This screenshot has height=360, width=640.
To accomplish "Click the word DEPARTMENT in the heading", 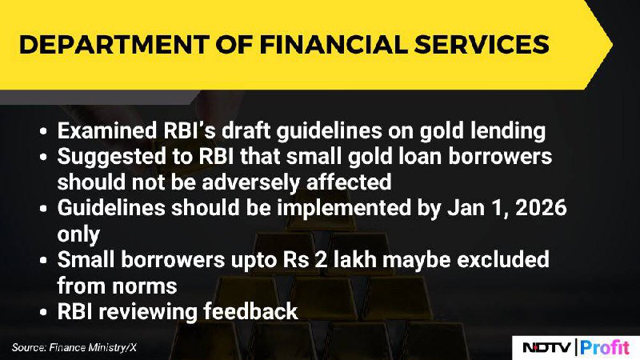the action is coord(114,45).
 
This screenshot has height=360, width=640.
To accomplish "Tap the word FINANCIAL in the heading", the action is coord(334,45).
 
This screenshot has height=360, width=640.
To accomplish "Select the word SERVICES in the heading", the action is coord(482,45).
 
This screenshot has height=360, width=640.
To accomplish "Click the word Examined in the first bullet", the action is coord(107,130).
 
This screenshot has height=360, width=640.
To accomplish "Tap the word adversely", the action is coord(251,182).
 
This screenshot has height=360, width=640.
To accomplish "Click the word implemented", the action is coord(344,208).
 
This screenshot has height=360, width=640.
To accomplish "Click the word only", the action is coord(78,234).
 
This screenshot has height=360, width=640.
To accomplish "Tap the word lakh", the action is coord(354,259).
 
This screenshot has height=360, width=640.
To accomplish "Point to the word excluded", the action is coord(503,259).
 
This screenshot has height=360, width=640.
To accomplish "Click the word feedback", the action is coord(251,311).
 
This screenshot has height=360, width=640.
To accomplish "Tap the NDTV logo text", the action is coord(547,348).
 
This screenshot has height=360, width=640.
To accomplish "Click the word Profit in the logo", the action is coord(605,347).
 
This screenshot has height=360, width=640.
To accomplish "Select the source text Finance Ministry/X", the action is coord(93,348).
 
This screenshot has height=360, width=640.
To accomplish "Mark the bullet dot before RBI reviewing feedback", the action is coord(44,313).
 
